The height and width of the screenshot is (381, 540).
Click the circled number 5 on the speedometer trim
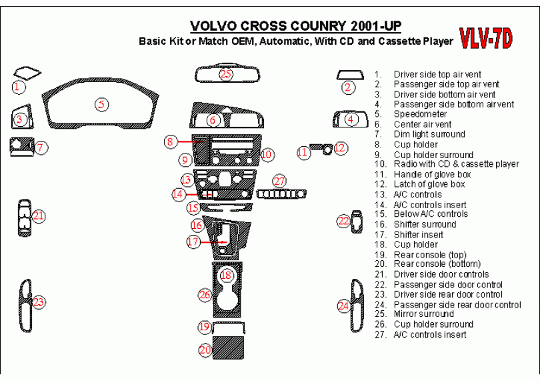click(101, 104)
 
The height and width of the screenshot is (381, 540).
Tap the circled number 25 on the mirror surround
click(226, 73)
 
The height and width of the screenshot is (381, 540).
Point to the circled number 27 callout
click(279, 181)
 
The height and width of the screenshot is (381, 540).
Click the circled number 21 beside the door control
click(39, 216)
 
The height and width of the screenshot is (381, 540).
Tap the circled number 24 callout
click(344, 306)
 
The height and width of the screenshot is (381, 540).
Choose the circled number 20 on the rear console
click(205, 349)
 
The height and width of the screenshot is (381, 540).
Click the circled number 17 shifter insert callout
click(193, 242)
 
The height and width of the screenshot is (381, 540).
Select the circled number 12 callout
click(341, 148)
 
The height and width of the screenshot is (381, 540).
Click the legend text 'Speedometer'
click(420, 114)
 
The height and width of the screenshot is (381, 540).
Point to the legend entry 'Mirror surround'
click(423, 314)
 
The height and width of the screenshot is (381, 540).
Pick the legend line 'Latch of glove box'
click(429, 184)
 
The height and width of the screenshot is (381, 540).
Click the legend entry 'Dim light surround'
click(429, 134)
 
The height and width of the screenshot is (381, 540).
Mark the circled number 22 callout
click(344, 221)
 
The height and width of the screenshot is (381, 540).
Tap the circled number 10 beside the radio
click(267, 154)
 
